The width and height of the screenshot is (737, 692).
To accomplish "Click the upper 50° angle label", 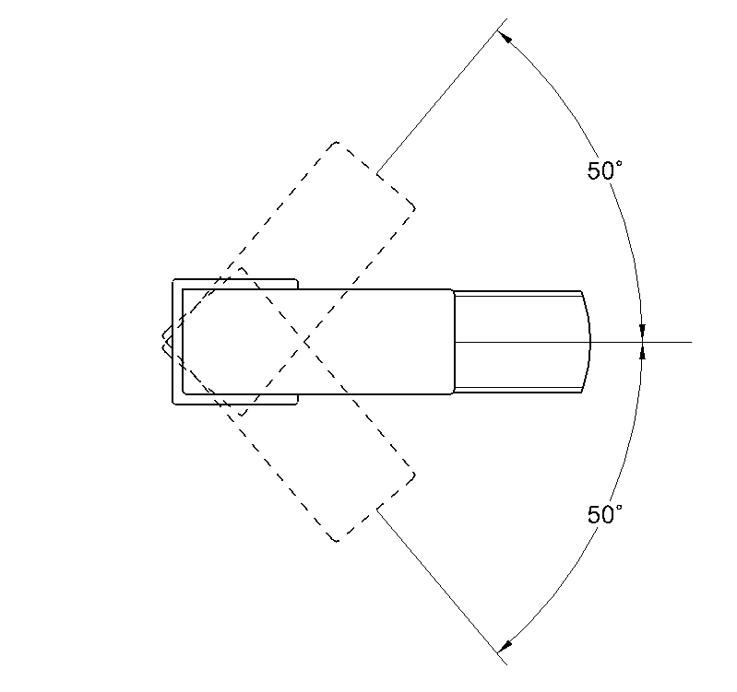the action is click(x=604, y=170).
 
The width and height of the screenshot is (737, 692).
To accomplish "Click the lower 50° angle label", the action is click(x=604, y=514).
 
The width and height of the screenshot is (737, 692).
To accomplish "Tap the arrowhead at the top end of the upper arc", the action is click(x=505, y=37).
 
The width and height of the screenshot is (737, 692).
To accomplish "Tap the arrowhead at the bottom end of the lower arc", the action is click(x=505, y=647).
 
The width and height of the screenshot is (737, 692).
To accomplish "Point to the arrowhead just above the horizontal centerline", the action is click(x=643, y=331).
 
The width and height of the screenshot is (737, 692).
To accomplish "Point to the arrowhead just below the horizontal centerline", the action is click(x=643, y=353).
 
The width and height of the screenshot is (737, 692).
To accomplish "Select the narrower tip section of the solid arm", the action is click(x=522, y=342).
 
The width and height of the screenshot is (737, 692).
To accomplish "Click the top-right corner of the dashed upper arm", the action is click(x=414, y=208).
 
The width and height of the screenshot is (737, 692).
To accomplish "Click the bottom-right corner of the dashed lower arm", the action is click(x=414, y=475).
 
